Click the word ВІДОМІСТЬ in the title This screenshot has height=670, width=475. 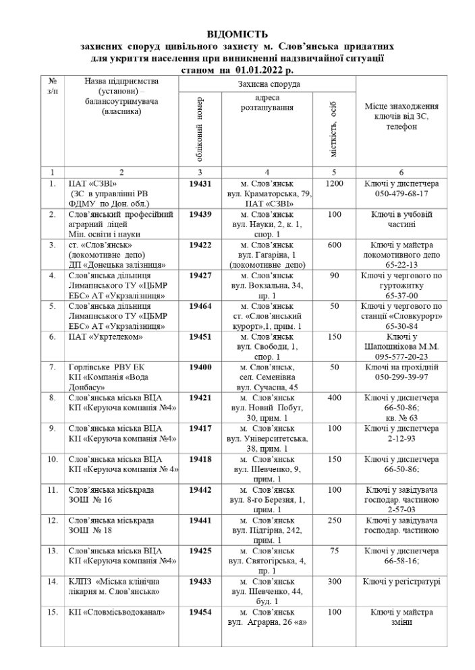pyautogui.click(x=237, y=33)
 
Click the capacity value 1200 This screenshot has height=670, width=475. pyautogui.click(x=335, y=183)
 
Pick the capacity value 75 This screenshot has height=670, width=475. pyautogui.click(x=335, y=550)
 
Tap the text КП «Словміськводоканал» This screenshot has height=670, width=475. pyautogui.click(x=108, y=612)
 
